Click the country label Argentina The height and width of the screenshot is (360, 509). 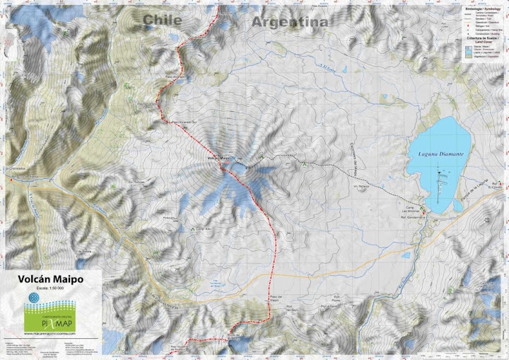click(289, 22)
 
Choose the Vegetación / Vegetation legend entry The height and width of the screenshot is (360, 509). click(486, 57)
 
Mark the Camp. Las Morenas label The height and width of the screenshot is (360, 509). click(411, 211)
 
